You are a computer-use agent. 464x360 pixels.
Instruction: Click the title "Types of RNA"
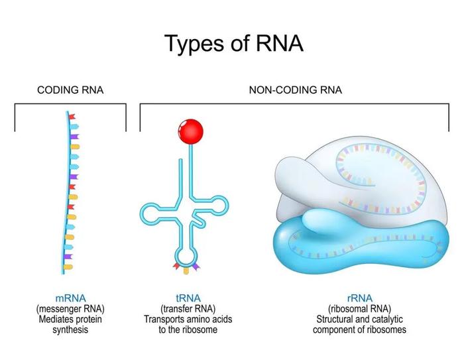click(234, 44)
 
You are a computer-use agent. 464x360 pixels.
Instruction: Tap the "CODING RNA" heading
click(70, 90)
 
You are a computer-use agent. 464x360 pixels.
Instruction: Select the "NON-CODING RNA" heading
click(296, 90)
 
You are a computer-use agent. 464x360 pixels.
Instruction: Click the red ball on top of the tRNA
click(191, 132)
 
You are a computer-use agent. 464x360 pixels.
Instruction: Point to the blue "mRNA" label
click(70, 298)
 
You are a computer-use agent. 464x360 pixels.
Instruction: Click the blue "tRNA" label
click(188, 298)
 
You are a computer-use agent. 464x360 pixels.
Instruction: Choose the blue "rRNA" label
click(359, 298)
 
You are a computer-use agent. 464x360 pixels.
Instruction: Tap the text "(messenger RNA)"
click(70, 309)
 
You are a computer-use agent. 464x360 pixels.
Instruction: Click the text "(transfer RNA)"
click(188, 309)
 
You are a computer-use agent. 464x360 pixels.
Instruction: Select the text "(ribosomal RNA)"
click(359, 309)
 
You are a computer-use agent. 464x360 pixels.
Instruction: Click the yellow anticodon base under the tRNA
click(186, 270)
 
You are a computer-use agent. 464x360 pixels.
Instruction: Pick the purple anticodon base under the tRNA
click(196, 267)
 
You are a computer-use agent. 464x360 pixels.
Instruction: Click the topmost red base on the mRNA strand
click(72, 117)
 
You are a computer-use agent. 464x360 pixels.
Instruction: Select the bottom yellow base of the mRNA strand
click(68, 267)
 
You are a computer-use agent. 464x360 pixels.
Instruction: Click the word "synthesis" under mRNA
click(70, 330)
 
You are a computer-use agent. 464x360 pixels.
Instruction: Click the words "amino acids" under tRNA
click(207, 320)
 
